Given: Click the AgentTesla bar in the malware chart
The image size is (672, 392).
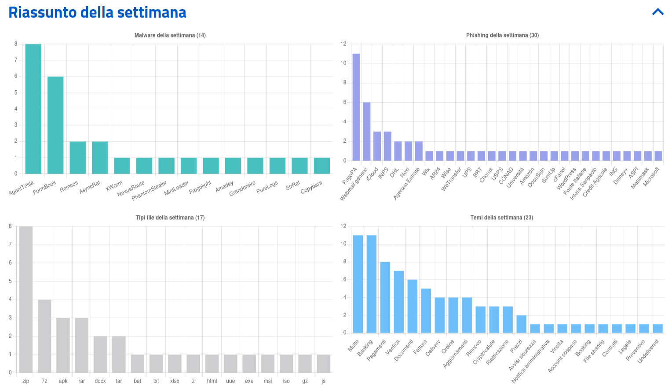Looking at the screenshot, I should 33,109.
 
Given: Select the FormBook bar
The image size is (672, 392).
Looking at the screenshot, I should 55,125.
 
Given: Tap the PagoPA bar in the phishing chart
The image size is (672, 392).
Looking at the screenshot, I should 356,107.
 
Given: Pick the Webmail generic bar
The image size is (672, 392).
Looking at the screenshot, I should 367,131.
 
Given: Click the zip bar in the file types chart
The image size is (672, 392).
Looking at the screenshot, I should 26,300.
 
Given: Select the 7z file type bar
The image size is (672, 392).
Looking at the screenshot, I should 44,336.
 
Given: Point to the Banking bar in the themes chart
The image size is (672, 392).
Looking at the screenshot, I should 372,284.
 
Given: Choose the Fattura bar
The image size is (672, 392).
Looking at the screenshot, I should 426,311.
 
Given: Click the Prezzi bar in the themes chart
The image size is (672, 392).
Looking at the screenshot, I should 521,324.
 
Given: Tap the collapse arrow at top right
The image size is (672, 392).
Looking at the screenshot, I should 658,12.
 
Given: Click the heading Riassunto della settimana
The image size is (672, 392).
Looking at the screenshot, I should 97,12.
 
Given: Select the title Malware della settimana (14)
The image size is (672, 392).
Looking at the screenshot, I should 170,35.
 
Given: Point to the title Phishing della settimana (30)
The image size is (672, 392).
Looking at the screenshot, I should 502,35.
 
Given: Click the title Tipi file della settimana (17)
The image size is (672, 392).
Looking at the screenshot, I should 170,218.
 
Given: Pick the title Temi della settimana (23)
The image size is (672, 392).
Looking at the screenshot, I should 501,218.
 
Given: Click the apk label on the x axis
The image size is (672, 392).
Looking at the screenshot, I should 63,381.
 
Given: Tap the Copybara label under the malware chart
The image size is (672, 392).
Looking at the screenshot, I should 311,187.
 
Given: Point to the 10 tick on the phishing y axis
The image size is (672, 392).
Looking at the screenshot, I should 343,63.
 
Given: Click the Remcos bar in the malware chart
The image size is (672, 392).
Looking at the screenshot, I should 78,158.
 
